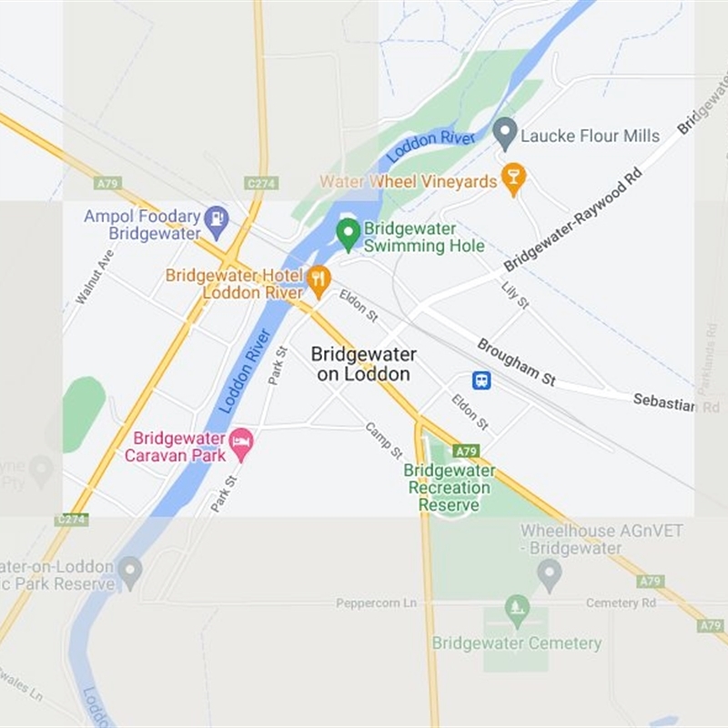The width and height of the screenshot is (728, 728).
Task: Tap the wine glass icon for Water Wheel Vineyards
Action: (x=513, y=179)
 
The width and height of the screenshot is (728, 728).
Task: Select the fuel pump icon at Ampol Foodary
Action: (x=216, y=217)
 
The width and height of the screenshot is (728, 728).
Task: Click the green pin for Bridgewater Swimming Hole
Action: (x=348, y=234)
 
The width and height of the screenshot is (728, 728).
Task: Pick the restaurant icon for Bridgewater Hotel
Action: (x=318, y=280)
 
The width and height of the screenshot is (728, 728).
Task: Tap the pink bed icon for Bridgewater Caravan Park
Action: (x=241, y=444)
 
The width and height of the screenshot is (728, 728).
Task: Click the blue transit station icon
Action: (x=481, y=380)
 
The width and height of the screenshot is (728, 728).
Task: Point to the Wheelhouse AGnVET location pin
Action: (x=549, y=573)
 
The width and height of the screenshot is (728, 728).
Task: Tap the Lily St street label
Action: (x=515, y=295)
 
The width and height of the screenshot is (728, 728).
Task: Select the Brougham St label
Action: (x=516, y=362)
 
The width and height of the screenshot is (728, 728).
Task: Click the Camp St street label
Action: (x=383, y=440)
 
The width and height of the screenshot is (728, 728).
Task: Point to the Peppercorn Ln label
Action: (x=376, y=603)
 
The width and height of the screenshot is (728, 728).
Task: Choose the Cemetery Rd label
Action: (x=621, y=603)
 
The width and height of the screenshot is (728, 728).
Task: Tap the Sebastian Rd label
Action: (x=676, y=403)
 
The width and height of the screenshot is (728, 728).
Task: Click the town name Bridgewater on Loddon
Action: (x=363, y=364)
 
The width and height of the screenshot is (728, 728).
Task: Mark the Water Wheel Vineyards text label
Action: (x=409, y=182)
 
